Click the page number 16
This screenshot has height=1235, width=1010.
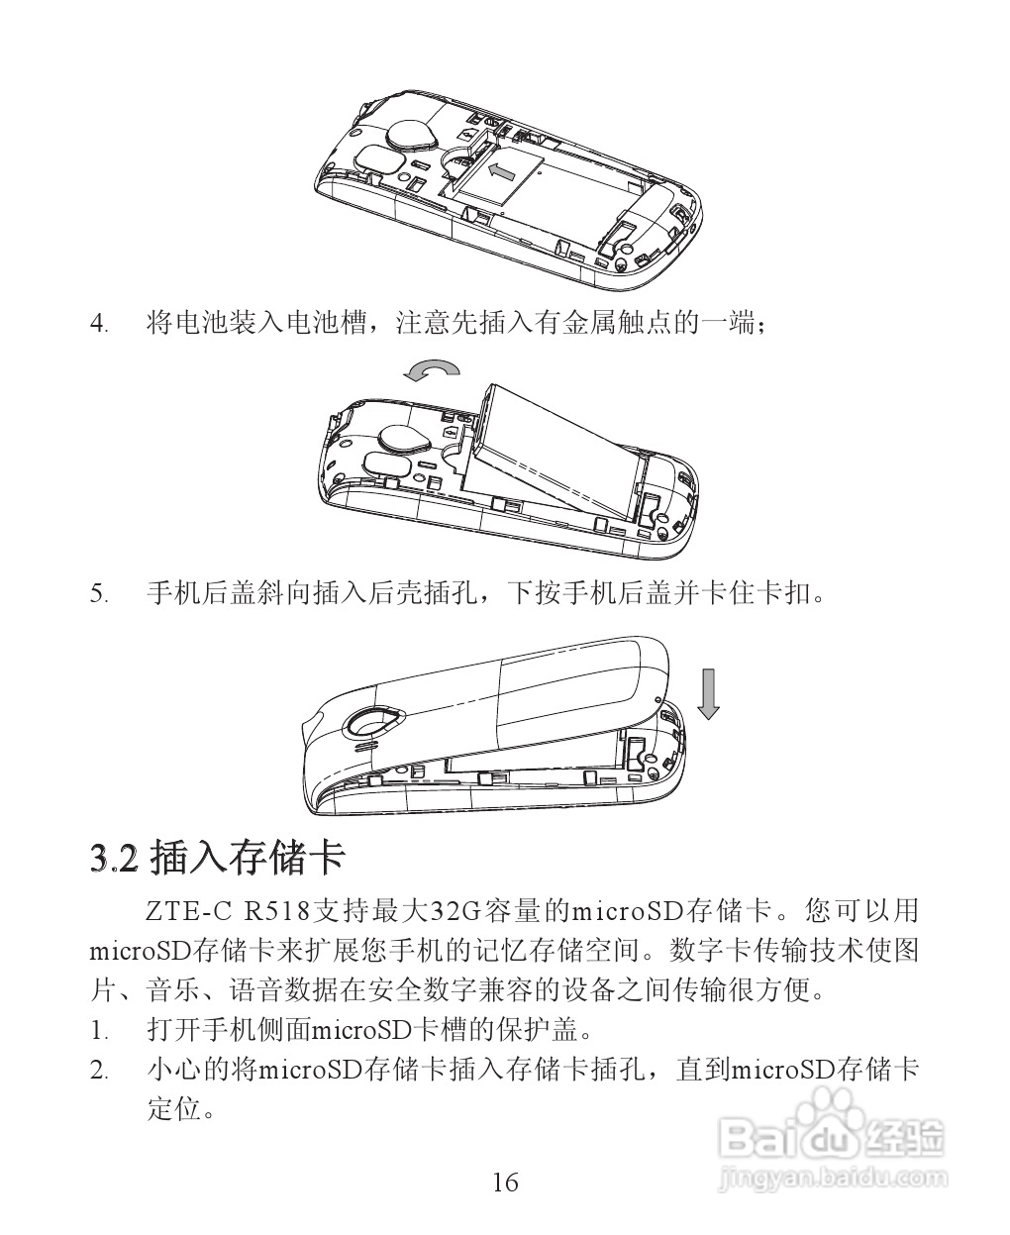tap(504, 1182)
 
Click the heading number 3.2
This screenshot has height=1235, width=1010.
tap(111, 857)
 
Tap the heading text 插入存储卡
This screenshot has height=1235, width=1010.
tap(247, 857)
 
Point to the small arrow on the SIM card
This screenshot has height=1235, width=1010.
tap(502, 173)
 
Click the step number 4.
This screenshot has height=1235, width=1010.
tap(98, 324)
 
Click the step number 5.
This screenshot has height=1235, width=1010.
tap(98, 594)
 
